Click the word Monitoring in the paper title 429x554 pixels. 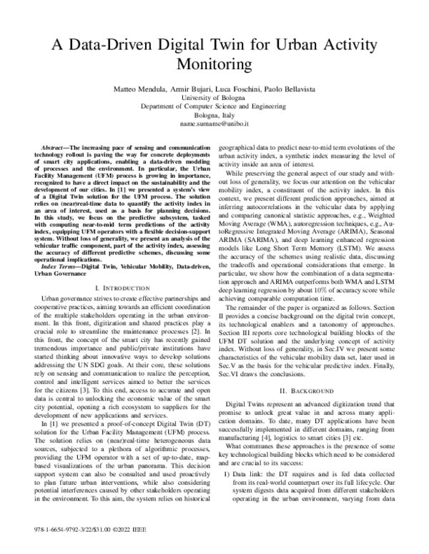[214, 64]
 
